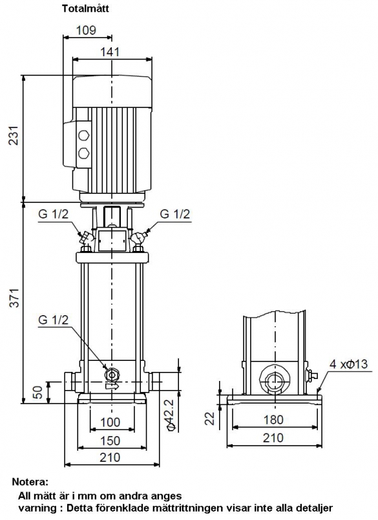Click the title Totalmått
[85, 8]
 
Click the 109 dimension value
[86, 30]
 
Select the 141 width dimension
[110, 52]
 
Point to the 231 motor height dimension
[14, 135]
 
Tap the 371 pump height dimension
[14, 298]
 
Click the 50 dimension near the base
[37, 393]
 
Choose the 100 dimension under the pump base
[110, 422]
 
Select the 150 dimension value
[110, 440]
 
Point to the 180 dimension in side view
[273, 420]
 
